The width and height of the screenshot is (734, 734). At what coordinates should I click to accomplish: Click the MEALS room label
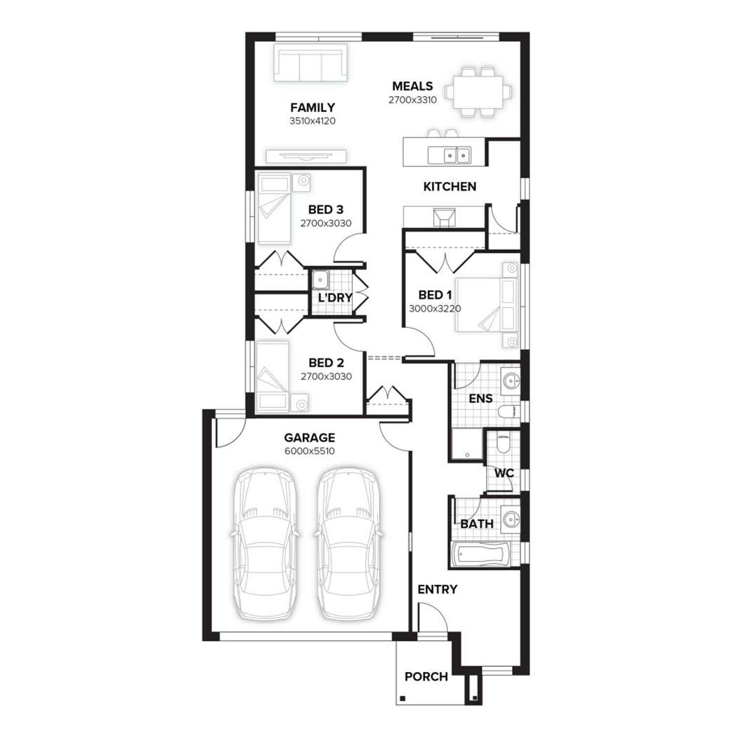click(x=413, y=86)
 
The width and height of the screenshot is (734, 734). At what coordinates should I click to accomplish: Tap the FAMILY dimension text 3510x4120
click(x=313, y=121)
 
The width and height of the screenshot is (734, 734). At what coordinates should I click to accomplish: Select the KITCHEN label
click(x=450, y=186)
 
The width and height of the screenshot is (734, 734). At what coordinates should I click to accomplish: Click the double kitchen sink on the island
click(x=450, y=155)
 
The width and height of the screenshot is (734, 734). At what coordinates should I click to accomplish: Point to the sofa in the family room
click(x=310, y=63)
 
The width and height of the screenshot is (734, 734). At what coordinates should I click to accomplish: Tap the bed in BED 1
click(x=486, y=305)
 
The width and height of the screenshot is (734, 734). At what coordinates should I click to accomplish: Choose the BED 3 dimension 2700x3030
click(x=326, y=224)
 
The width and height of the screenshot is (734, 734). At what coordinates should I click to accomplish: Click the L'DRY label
click(x=335, y=298)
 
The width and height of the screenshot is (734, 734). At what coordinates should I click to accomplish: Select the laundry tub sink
click(x=321, y=280)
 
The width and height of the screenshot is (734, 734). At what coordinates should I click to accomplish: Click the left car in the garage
click(x=264, y=543)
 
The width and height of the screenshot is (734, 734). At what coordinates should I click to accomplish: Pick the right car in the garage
click(x=348, y=543)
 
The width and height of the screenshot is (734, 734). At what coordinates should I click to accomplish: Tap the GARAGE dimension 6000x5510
click(x=310, y=451)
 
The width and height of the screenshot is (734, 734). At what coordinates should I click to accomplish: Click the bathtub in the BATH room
click(x=480, y=554)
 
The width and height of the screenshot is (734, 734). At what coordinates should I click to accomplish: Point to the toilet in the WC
click(x=503, y=443)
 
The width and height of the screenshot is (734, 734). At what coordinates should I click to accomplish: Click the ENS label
click(x=481, y=399)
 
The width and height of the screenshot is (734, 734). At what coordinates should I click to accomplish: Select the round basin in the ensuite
click(x=511, y=380)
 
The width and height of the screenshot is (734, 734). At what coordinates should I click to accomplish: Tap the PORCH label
click(x=426, y=677)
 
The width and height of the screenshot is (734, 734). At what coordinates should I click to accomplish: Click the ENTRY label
click(x=437, y=590)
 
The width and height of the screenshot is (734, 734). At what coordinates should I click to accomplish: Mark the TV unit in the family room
click(x=306, y=156)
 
